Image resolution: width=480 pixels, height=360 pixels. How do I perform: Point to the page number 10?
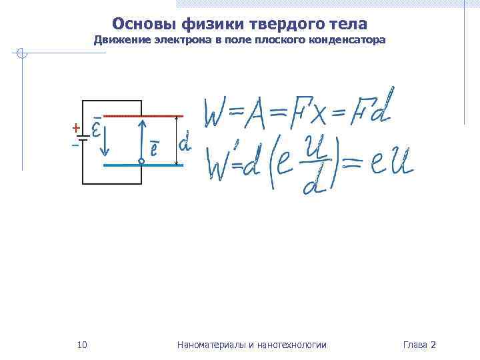[x=82, y=345]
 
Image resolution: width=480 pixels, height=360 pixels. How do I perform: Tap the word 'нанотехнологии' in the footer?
[x=294, y=345]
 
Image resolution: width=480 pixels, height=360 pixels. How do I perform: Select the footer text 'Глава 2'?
[x=419, y=345]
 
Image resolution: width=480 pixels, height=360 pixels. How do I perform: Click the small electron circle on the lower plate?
[x=141, y=161]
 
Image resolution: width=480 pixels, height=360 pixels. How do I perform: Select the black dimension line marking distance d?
[x=176, y=140]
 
